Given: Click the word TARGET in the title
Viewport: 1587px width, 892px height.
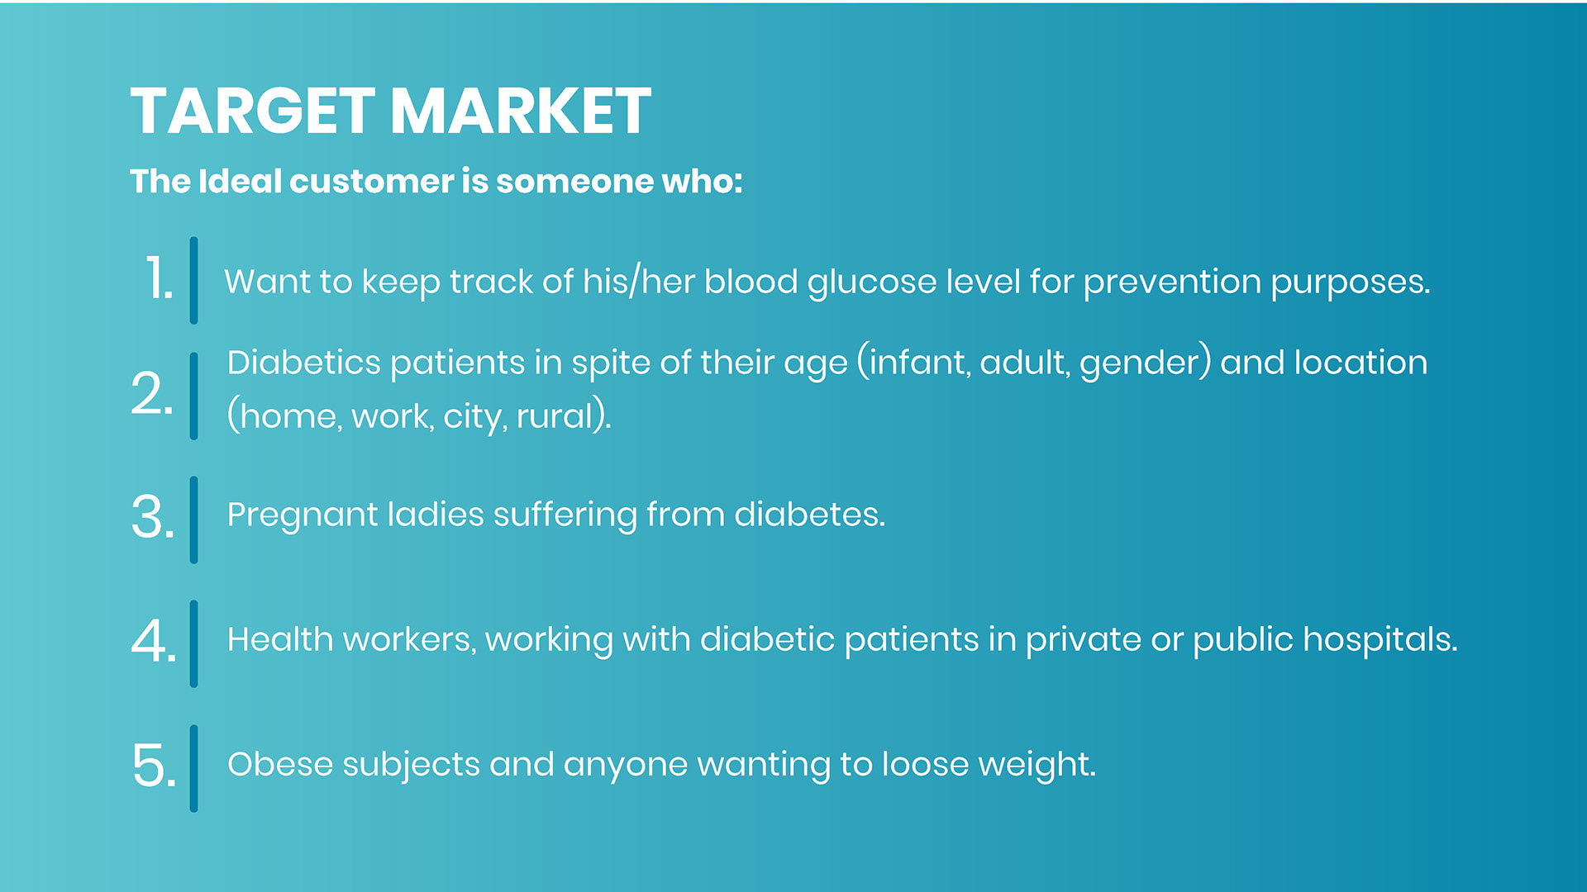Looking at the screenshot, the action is pos(253,111).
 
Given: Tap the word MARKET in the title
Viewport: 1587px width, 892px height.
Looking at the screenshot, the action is pos(521,111).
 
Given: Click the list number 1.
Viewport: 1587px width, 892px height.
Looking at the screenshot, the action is pos(159,278).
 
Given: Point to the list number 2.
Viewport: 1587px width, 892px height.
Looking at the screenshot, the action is pos(152,393).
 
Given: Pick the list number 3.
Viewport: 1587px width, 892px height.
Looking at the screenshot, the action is pos(153,518).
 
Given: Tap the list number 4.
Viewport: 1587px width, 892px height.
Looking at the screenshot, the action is pos(154,641).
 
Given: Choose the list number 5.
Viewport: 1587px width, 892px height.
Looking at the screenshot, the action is pos(154,766).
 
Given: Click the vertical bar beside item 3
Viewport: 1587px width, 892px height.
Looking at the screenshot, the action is pos(193,520).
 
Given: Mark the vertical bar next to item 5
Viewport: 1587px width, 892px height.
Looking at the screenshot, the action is pos(193,769).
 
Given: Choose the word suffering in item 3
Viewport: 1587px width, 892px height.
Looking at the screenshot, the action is pos(565,515).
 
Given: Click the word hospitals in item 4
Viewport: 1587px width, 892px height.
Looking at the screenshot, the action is pos(1380,639).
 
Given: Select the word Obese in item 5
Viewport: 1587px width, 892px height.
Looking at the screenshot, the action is pos(280,764).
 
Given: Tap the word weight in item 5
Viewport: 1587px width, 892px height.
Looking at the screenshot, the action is pos(1037,765).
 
